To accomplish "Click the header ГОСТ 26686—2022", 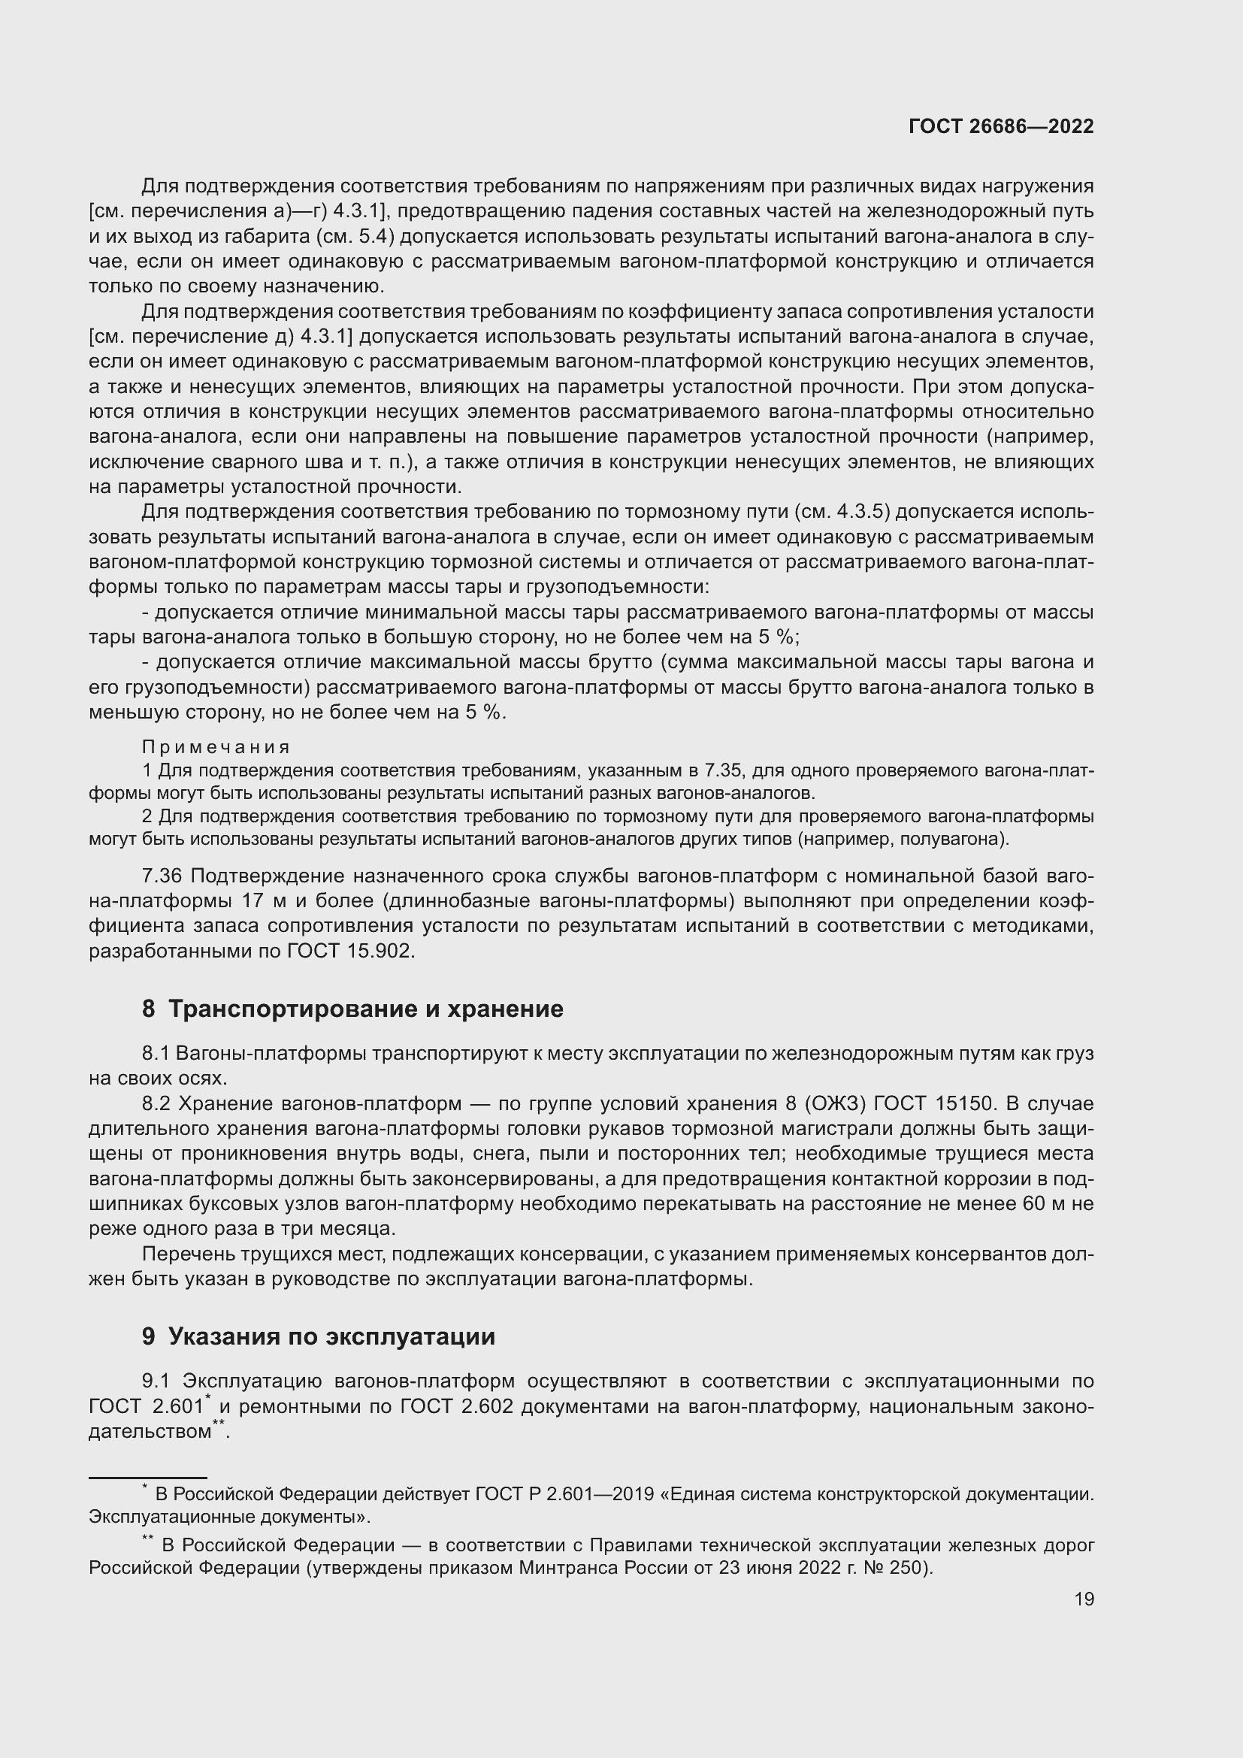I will [x=1001, y=127].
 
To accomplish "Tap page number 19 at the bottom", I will [x=1084, y=1599].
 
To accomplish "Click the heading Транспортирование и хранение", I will [x=365, y=1009].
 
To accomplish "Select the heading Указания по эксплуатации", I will [x=331, y=1337].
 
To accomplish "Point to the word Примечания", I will [x=216, y=747].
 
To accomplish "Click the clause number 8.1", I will [x=156, y=1054].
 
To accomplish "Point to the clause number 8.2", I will [x=156, y=1104].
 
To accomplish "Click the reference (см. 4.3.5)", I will [x=844, y=513].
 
